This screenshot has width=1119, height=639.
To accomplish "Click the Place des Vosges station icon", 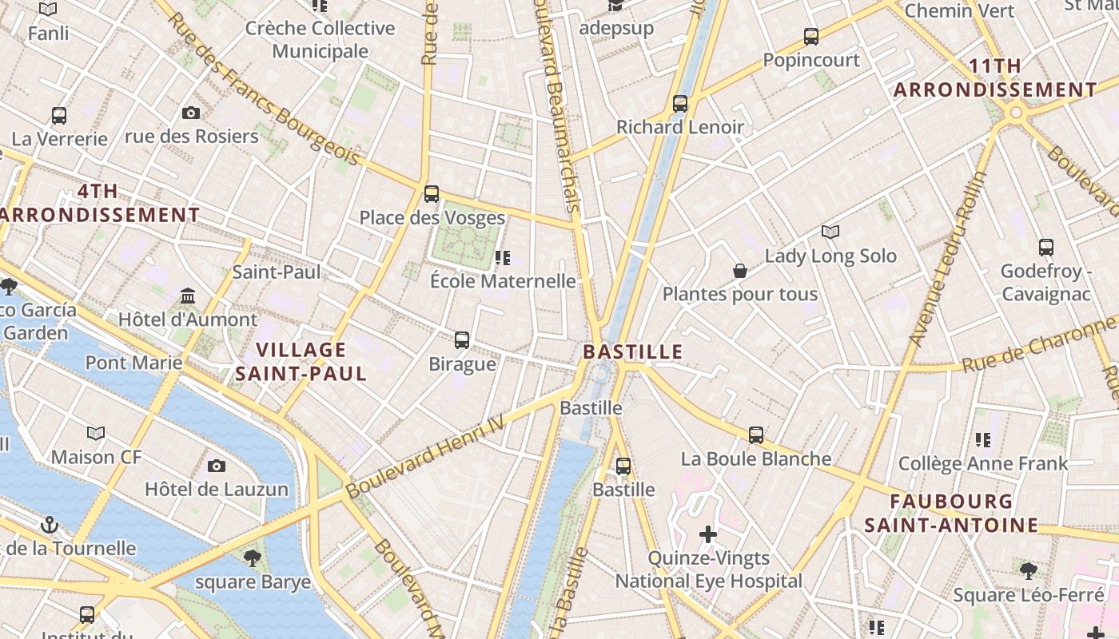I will (x=432, y=193).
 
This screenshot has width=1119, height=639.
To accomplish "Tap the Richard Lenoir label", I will (x=679, y=127).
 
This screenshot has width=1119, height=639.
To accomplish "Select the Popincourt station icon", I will (x=811, y=36).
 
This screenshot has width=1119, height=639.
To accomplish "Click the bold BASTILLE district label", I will (x=632, y=351).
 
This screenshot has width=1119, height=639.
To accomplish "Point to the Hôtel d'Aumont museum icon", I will (x=188, y=296).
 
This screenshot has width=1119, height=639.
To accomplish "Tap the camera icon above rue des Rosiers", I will (x=191, y=113).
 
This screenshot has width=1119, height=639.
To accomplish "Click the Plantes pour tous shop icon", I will (x=740, y=272).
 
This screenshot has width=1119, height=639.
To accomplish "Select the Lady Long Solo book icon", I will (x=830, y=232).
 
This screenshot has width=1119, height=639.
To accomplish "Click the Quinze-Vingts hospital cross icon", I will (x=708, y=534).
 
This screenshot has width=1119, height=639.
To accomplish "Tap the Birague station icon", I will (x=462, y=340).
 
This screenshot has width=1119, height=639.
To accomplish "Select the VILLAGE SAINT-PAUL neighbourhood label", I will (x=301, y=361).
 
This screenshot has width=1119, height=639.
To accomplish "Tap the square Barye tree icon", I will (x=253, y=558).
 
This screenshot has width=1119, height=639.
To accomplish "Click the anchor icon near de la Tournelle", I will (x=50, y=525).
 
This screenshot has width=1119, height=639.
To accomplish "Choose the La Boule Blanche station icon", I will (x=756, y=435).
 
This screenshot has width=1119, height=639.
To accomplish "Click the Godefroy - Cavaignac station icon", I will (x=1045, y=248).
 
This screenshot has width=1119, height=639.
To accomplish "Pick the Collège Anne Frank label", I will (x=982, y=463).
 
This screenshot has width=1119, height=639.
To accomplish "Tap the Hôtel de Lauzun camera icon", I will (x=217, y=466).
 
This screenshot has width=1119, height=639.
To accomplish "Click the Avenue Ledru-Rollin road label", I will (x=948, y=259).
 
